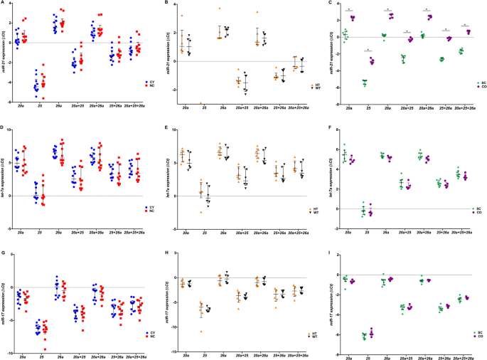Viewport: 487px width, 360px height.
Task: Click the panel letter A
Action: click(4, 4)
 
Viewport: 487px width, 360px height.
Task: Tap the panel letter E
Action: click(167, 129)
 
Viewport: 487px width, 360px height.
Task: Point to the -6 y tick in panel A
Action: click(11, 103)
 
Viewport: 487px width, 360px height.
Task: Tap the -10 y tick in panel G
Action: click(11, 353)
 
